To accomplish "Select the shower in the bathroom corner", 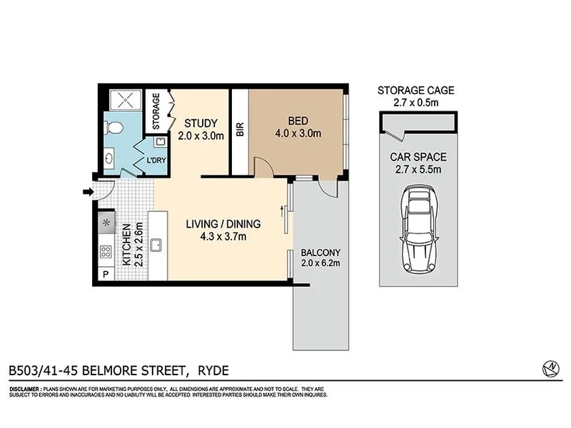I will tap(123, 102).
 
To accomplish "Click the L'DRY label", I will tap(156, 160).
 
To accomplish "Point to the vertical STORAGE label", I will tap(155, 111).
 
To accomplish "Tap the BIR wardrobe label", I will tap(240, 130).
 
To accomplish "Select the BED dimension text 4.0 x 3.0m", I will tap(298, 133).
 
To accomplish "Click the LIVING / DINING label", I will tap(223, 224).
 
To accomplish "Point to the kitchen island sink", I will tap(159, 245).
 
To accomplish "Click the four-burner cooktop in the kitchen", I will tap(106, 251).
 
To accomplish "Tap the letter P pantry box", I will tap(106, 275).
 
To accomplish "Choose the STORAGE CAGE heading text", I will tap(415, 90).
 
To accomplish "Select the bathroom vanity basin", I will tap(109, 158).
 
